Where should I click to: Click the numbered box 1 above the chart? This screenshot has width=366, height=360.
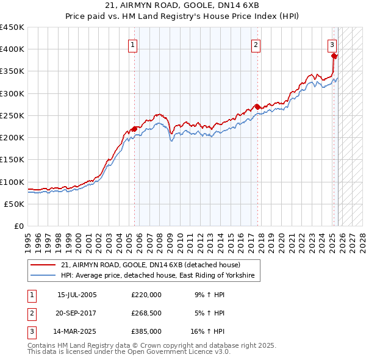click(x=132, y=44)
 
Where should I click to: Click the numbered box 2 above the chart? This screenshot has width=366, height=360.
click(x=256, y=44)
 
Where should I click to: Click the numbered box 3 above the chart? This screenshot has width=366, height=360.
click(x=332, y=44)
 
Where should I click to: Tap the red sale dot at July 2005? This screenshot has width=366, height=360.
click(x=134, y=129)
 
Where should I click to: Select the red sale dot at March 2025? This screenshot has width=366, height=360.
click(x=334, y=56)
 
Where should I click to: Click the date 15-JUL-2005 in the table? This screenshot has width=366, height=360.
click(x=77, y=295)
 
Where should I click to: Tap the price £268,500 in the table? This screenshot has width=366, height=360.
click(x=146, y=314)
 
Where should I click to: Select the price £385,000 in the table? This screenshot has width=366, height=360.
click(x=146, y=333)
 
